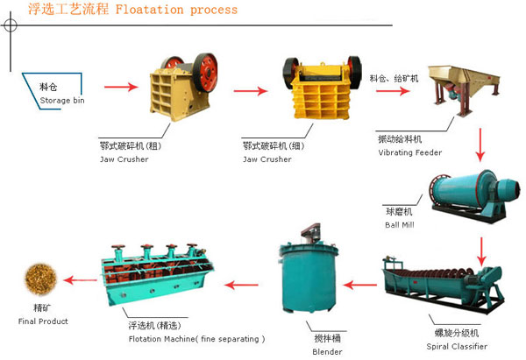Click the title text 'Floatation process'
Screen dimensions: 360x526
pos(183,10)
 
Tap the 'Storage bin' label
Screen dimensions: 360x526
pos(61,101)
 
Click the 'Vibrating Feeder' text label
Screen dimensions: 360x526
pos(409,152)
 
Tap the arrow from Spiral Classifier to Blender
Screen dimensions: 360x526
pos(360,283)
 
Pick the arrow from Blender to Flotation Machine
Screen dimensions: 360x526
pos(241,283)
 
